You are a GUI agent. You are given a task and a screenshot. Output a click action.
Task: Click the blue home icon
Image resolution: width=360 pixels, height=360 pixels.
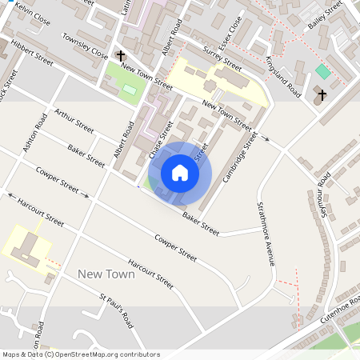pyautogui.click(x=180, y=172)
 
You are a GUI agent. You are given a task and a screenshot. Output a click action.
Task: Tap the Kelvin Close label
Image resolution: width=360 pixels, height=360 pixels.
pyautogui.click(x=33, y=16)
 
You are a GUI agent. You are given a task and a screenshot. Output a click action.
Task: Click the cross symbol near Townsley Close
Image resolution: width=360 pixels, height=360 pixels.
pyautogui.click(x=121, y=56)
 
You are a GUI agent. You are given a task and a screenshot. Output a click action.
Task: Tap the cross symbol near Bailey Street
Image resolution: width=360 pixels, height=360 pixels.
pyautogui.click(x=322, y=96)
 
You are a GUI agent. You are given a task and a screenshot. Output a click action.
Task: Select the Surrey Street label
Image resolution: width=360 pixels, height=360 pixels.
pyautogui.click(x=222, y=58)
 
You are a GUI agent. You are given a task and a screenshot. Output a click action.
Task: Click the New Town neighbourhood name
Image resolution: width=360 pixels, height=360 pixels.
pyautogui.click(x=106, y=274)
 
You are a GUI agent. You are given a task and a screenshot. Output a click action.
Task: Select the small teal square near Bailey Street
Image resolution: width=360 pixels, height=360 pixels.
pyautogui.click(x=322, y=71)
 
